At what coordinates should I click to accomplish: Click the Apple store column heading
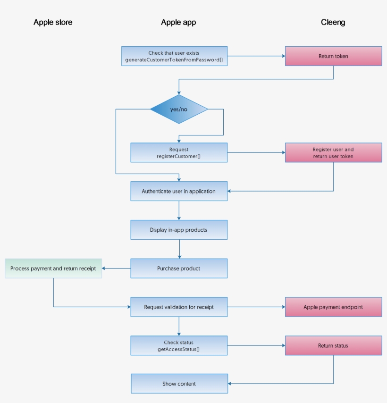point(53,22)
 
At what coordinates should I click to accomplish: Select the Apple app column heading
point(178,22)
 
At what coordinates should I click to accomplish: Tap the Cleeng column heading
point(333,22)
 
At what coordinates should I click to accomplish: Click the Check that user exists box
point(174,56)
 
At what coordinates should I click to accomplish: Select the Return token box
point(333,56)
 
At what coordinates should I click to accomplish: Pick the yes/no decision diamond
point(179,109)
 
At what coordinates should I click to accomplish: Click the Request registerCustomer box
point(178,152)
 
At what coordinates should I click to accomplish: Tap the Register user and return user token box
point(333,152)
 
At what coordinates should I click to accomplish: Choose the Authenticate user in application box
point(178,191)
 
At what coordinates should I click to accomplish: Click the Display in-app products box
point(178,230)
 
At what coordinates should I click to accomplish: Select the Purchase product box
point(178,268)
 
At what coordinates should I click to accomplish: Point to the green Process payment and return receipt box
point(53,268)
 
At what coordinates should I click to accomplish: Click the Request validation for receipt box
point(178,307)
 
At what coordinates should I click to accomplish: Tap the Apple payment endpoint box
point(333,307)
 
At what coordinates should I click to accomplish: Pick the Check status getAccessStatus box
point(178,345)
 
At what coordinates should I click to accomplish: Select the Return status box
point(333,345)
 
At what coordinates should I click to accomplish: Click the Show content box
point(179,384)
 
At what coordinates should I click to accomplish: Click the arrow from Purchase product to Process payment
point(116,269)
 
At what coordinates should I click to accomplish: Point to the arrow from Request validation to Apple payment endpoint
point(256,307)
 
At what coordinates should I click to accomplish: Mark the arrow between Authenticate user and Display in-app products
point(179,210)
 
